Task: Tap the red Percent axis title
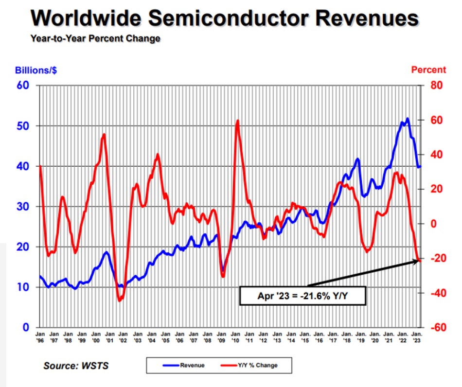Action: click(428, 70)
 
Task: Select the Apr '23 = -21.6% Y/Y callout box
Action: click(302, 295)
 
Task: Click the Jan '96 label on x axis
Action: click(40, 337)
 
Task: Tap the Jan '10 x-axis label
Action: click(235, 337)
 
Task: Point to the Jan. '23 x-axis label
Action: click(417, 337)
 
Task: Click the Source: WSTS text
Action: click(76, 366)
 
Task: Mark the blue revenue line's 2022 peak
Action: click(407, 119)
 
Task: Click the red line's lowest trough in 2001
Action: click(119, 300)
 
